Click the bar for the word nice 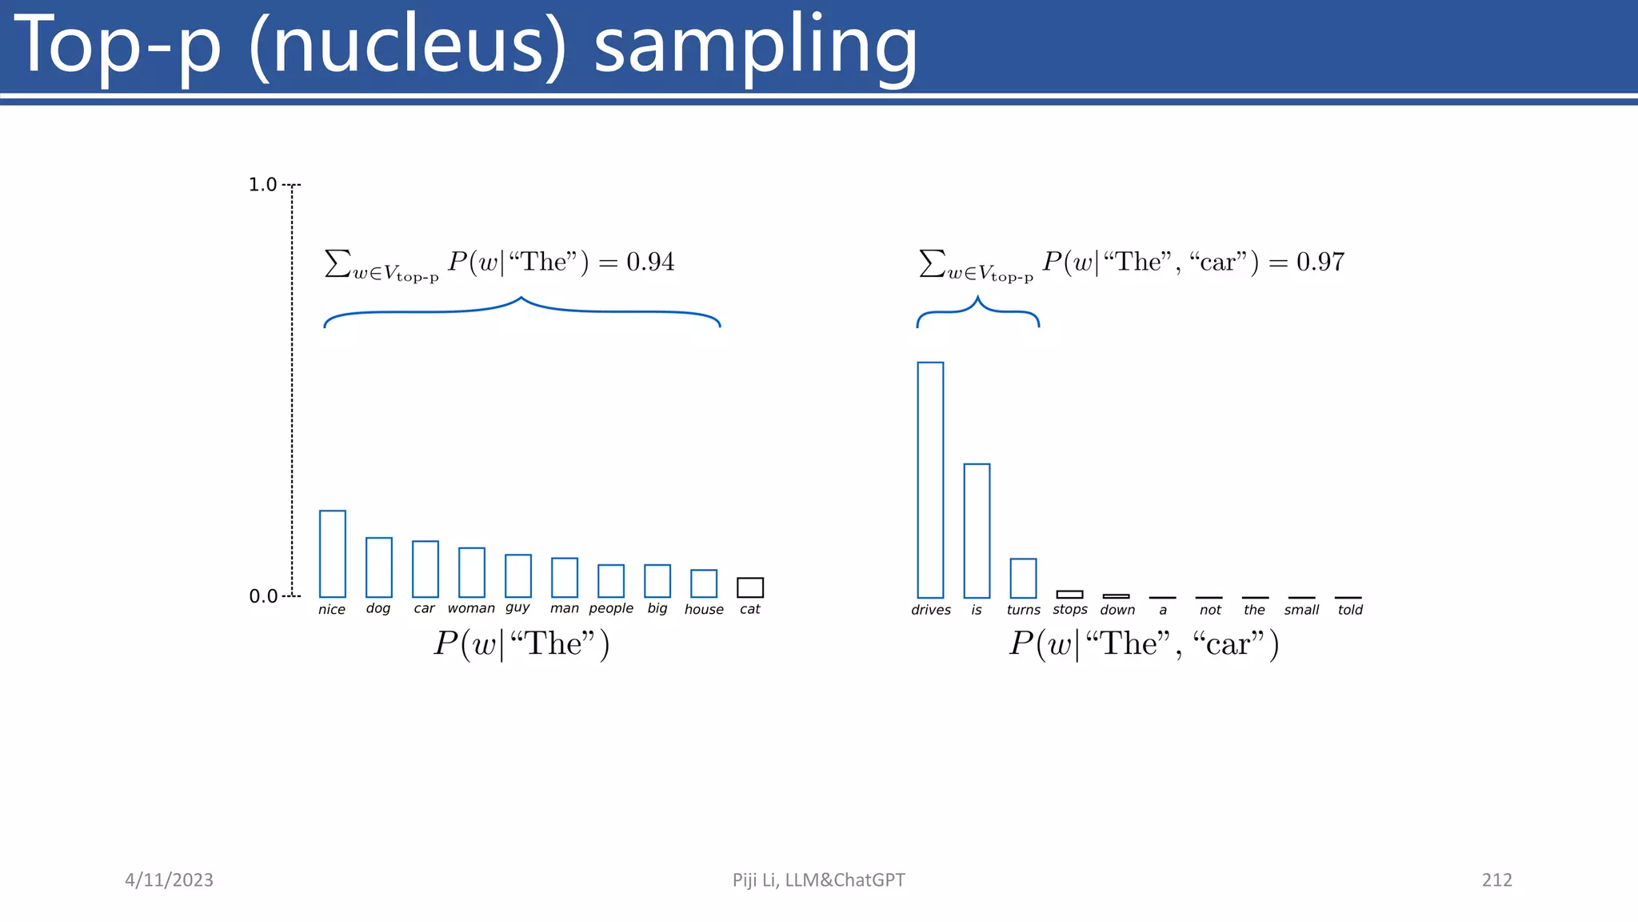tap(333, 554)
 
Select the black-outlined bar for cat tap(750, 587)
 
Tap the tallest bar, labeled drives tap(930, 480)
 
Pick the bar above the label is tap(977, 531)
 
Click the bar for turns tap(1023, 578)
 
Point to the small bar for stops tap(1069, 595)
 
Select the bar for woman tap(472, 572)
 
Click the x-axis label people tap(611, 609)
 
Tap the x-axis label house tap(704, 610)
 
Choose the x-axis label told tap(1350, 610)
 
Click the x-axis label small tap(1301, 610)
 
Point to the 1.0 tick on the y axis tap(262, 185)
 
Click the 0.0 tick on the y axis tap(263, 596)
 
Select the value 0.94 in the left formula tap(650, 262)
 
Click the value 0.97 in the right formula tap(1320, 262)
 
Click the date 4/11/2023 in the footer tap(169, 880)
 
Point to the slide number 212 tap(1496, 880)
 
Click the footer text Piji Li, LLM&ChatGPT tap(818, 880)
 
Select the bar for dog tap(379, 567)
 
